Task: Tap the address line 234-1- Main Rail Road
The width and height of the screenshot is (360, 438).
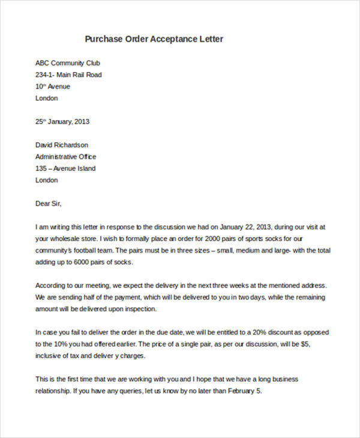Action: coord(68,75)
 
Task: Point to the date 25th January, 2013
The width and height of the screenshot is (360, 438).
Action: coord(62,121)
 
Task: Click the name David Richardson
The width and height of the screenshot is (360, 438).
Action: coord(62,145)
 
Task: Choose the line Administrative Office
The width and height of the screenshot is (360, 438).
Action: coord(66,157)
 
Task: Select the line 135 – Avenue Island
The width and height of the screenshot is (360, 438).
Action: coord(65,169)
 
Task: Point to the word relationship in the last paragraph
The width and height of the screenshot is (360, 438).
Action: coord(53,391)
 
